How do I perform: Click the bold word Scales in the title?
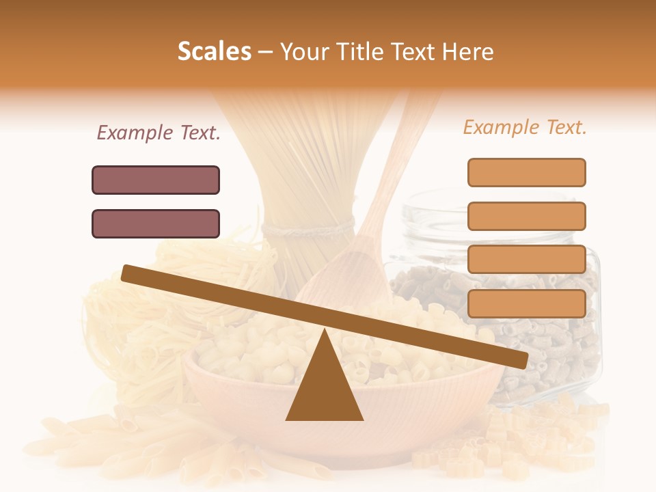214,51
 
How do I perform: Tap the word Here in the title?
467,51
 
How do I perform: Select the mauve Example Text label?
159,133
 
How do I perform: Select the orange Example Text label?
525,127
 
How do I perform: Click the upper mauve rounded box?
156,180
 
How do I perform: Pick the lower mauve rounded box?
156,223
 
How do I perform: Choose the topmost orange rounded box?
526,172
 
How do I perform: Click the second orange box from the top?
526,216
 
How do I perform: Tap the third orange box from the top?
526,260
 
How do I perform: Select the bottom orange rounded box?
526,303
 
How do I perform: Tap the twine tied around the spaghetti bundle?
307,228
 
